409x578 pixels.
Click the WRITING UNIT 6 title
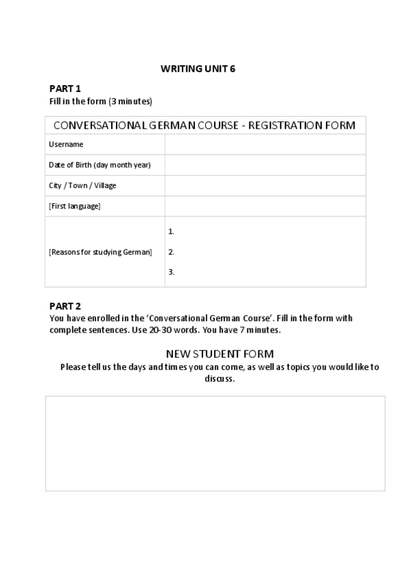point(198,68)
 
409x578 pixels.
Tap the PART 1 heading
point(65,89)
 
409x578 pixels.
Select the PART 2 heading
point(65,306)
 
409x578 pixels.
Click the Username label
point(66,144)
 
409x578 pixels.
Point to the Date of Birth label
point(100,165)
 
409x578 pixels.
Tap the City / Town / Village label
point(82,185)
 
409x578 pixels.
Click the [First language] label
point(75,206)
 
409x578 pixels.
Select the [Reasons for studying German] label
point(100,252)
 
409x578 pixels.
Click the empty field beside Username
point(264,144)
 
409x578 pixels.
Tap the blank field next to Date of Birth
point(264,165)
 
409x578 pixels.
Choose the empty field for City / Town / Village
point(264,185)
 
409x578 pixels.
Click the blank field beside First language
point(264,206)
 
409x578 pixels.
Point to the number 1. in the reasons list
point(171,232)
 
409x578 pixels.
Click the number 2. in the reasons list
point(171,252)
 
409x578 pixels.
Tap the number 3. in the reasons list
point(171,272)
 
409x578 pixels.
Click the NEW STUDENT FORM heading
point(220,354)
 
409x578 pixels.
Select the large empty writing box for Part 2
point(215,443)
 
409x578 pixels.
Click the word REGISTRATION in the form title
point(284,125)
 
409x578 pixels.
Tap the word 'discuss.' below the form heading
point(219,379)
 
